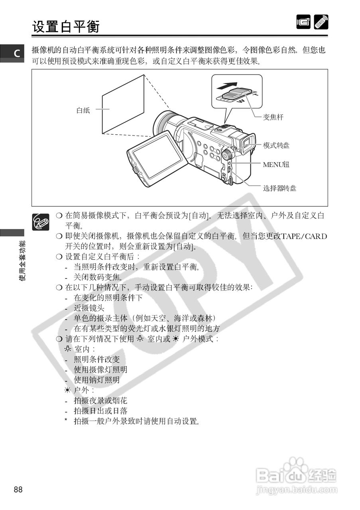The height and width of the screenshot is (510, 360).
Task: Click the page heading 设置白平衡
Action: pos(66,27)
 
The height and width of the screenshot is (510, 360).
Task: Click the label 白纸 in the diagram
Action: pos(83,110)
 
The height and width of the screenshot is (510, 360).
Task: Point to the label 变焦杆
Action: pos(273,117)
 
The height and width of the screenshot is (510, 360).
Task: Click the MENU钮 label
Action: pos(276,165)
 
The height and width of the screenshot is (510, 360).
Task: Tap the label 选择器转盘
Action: pos(279,188)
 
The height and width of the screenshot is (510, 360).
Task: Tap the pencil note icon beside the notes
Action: pos(41,221)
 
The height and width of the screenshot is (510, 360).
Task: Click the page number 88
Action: pos(18,489)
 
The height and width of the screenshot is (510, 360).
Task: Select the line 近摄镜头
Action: pos(89,308)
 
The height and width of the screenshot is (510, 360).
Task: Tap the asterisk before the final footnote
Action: pos(66,421)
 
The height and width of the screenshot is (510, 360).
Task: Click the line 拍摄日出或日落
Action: pos(100,411)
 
